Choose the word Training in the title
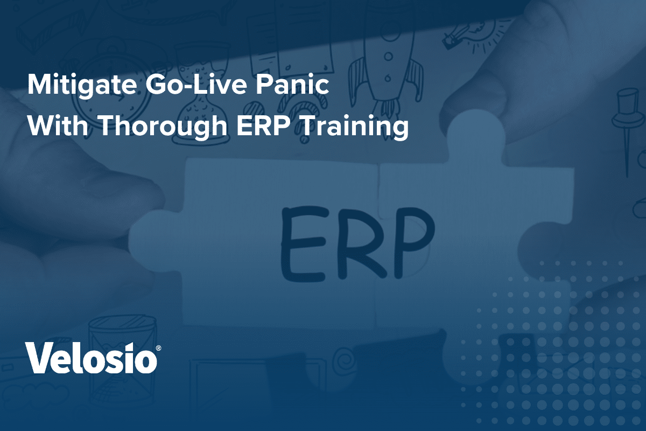coord(354,127)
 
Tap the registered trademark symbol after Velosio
coord(158,349)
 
